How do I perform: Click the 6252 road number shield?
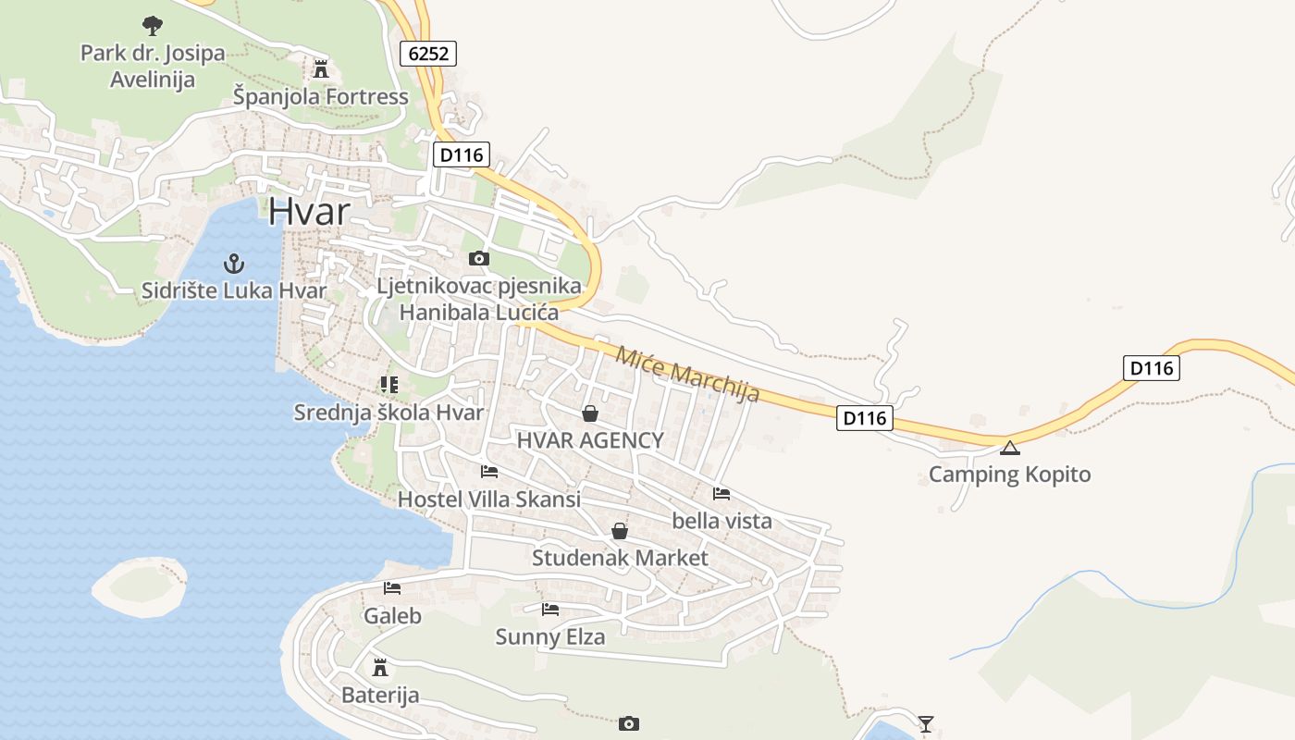point(429,54)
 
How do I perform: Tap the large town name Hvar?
point(309,212)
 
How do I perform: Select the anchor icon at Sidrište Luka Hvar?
point(235,265)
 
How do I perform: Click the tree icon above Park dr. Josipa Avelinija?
point(152,25)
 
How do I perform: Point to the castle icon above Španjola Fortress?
point(321,69)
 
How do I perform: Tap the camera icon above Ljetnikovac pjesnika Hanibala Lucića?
point(478,258)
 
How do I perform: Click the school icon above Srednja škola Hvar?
point(388,384)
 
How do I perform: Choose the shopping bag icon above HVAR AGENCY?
point(589,413)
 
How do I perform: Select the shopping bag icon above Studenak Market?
point(620,531)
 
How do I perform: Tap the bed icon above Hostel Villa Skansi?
point(489,472)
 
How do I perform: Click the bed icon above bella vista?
point(721,493)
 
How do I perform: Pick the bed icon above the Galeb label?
point(392,588)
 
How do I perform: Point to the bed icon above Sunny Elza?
point(550,609)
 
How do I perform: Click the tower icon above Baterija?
point(379,667)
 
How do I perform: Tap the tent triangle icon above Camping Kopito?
point(1009,449)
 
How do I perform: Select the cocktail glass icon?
point(925,723)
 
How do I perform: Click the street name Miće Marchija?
point(687,374)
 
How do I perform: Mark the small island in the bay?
point(139,585)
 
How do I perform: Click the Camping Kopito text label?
point(1009,475)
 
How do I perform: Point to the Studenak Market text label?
point(620,558)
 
